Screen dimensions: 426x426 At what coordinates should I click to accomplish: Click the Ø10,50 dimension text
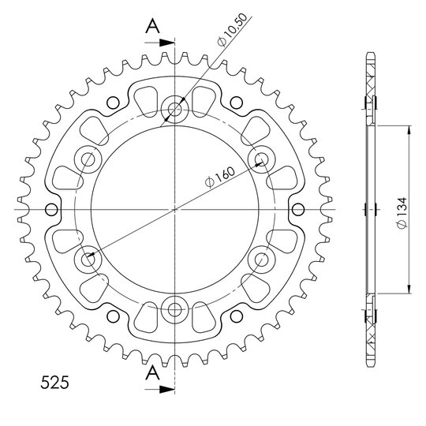click(x=233, y=30)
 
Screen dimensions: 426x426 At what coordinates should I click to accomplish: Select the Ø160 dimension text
click(x=220, y=177)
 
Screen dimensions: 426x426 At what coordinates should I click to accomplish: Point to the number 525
click(x=54, y=383)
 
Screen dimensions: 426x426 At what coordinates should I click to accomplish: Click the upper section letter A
click(x=153, y=27)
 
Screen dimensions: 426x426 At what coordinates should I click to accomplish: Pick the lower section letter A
click(x=153, y=372)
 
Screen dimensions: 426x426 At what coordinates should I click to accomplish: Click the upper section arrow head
click(x=166, y=43)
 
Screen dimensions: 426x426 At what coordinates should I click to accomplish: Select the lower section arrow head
click(x=166, y=389)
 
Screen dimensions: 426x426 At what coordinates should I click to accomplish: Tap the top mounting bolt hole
click(x=174, y=110)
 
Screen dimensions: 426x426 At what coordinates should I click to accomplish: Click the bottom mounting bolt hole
click(x=174, y=309)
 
